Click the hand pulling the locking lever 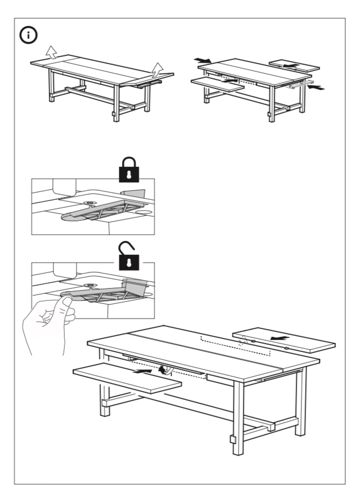47,319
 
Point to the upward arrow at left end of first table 50,51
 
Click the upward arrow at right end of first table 157,69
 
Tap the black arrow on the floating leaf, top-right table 293,66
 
